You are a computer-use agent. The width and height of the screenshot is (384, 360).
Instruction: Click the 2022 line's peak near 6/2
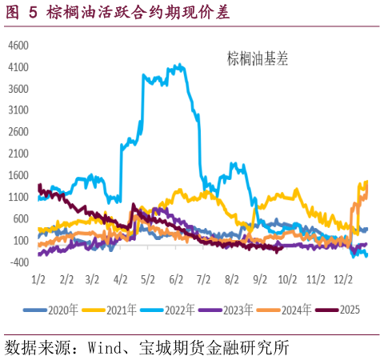click(x=179, y=65)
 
